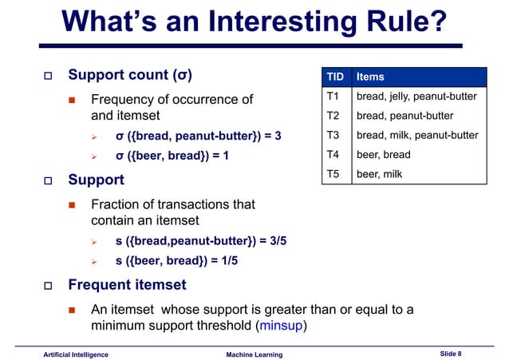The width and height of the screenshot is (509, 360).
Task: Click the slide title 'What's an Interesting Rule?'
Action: [x=254, y=23]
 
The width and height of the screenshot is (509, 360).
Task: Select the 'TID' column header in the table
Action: [x=335, y=77]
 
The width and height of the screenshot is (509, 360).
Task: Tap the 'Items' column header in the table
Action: [x=370, y=77]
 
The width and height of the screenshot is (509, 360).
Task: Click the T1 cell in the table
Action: [x=333, y=97]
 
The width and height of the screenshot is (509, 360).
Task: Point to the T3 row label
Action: [x=333, y=135]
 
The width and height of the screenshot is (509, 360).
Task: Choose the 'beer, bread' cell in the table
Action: [x=383, y=154]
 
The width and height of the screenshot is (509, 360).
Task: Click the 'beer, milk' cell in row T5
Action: [x=380, y=173]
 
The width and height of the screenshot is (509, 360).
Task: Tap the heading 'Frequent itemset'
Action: [x=127, y=284]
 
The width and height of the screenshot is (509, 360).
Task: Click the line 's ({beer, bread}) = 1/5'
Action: [x=176, y=260]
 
